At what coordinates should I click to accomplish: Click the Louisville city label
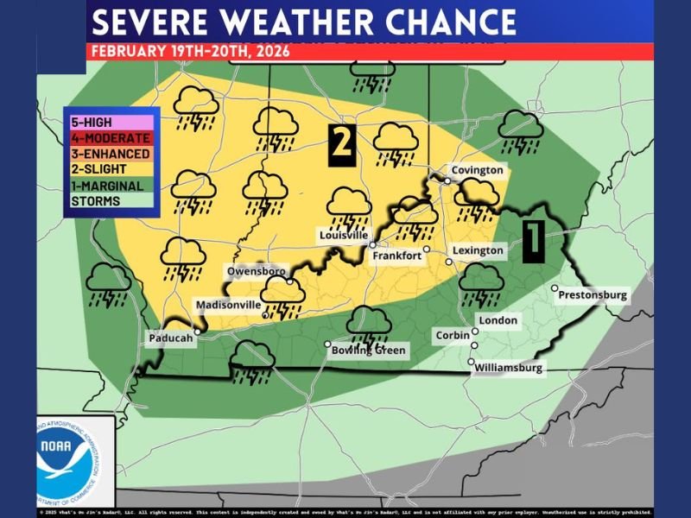click(344, 235)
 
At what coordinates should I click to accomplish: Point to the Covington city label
click(477, 170)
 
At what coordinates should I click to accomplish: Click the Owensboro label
click(256, 271)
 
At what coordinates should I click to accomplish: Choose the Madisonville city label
click(228, 305)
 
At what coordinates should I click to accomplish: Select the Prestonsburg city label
click(593, 295)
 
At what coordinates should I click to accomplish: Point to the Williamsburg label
click(510, 368)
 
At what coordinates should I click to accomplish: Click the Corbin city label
click(453, 335)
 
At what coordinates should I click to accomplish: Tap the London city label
click(498, 320)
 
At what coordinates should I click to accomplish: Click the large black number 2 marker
click(342, 142)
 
